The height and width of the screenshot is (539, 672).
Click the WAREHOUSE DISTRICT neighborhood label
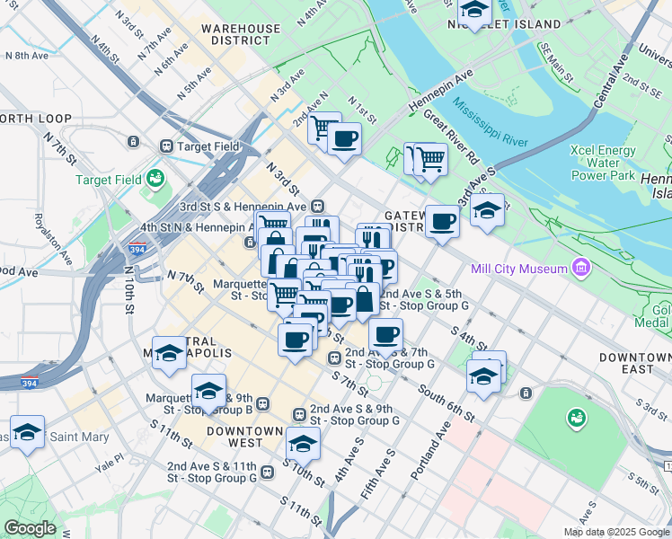coord(241,34)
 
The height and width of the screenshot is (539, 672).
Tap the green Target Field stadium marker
coord(156,180)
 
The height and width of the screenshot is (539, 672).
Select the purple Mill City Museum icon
coord(581,269)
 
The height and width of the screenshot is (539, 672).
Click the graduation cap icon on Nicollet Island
coord(473,10)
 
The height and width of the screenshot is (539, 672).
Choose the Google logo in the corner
coord(30,528)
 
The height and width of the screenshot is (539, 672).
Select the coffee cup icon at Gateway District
coord(441,220)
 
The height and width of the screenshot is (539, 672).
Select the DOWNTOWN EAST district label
coord(634,364)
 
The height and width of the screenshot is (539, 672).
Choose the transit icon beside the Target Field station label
coord(166,146)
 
